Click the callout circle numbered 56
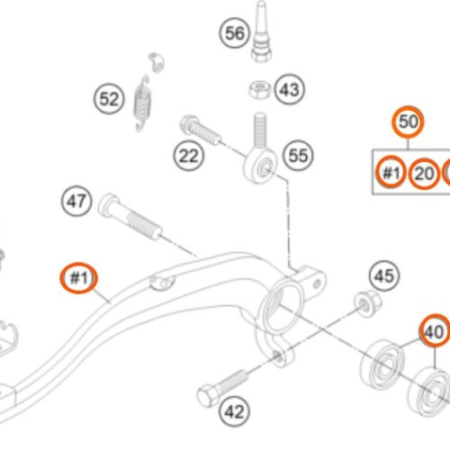235,32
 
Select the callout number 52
109,99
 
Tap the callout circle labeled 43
290,89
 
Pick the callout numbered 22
188,156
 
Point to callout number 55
298,156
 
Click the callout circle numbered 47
76,201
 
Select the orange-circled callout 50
408,121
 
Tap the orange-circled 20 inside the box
424,174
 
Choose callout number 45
384,275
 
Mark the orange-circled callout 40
435,330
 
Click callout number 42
234,411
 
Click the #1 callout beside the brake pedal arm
79,278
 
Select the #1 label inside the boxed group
391,172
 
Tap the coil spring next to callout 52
142,103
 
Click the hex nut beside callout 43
259,90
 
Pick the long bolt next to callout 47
130,217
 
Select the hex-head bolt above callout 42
222,388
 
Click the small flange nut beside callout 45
368,303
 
